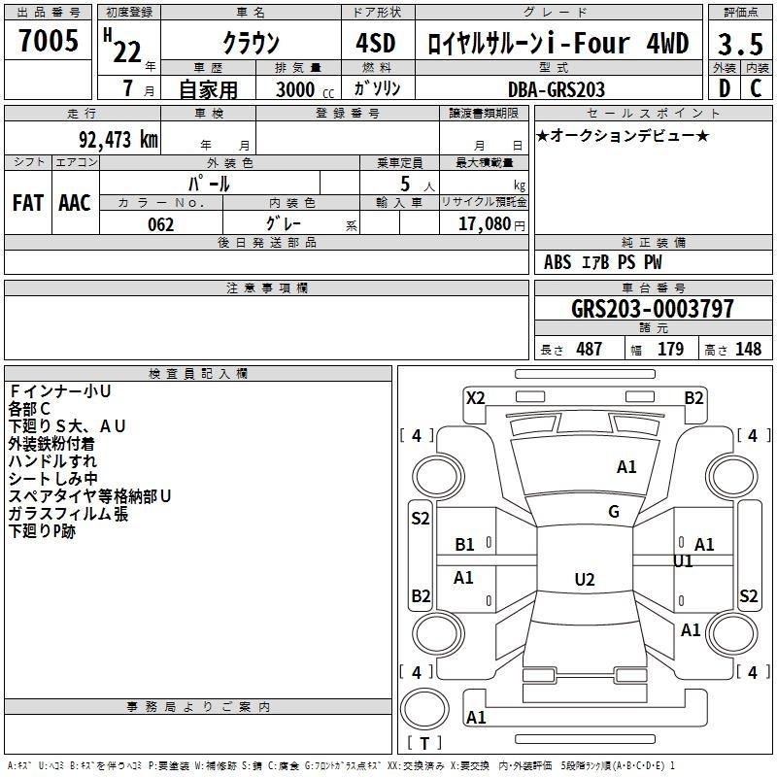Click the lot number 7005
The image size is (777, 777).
[x=49, y=41]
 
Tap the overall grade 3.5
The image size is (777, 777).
[x=740, y=44]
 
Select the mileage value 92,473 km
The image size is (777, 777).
[x=118, y=140]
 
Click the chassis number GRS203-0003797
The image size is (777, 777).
[x=653, y=308]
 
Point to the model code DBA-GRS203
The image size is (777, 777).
[x=557, y=89]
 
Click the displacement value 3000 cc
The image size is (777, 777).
[x=305, y=89]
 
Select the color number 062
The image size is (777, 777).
[x=161, y=224]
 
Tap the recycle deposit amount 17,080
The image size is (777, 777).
[x=485, y=223]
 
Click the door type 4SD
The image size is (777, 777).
[x=376, y=43]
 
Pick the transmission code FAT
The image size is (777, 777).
[x=28, y=203]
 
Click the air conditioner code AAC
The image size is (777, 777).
[x=75, y=203]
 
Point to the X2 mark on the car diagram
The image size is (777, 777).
[x=476, y=398]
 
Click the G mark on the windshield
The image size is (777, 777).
[x=614, y=512]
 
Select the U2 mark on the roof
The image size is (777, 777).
[x=585, y=579]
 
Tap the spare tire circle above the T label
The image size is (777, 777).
[x=424, y=710]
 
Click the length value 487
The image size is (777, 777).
[x=590, y=349]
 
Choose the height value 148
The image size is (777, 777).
[x=748, y=349]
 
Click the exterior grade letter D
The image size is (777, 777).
[x=725, y=88]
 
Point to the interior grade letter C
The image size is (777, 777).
[x=756, y=88]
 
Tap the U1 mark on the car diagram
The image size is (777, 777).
[x=683, y=561]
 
